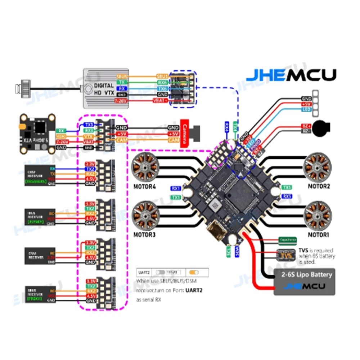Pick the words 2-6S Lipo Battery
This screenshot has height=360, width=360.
coord(306,275)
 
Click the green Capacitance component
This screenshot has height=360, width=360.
coord(287,239)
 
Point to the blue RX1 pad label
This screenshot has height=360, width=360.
coord(176,188)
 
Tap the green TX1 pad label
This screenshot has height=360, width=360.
coord(176,197)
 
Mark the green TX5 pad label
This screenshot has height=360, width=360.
coord(287,188)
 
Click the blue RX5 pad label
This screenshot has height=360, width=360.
coord(287,196)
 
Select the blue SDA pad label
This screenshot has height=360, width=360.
coord(237,251)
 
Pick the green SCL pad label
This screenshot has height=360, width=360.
coord(228,251)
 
